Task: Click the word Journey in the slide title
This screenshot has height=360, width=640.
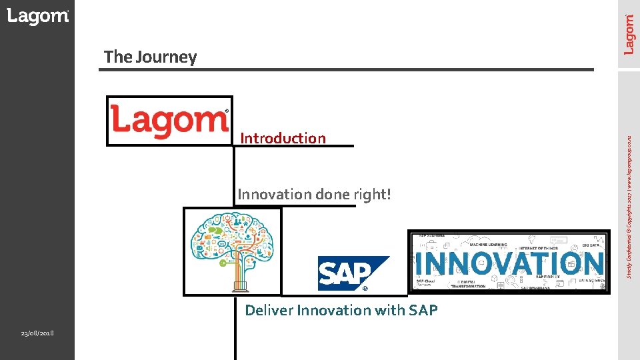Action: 166,57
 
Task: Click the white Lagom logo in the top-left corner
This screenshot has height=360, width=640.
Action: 37,17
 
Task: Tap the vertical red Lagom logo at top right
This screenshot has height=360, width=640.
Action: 629,35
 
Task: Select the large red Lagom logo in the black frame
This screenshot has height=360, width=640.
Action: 170,121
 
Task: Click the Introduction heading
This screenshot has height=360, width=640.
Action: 283,138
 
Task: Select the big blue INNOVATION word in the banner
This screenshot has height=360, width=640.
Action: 509,263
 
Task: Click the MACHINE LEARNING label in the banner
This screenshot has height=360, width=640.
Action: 488,245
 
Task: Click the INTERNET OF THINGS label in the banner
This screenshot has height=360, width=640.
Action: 536,247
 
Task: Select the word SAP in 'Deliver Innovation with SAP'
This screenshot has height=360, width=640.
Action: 423,310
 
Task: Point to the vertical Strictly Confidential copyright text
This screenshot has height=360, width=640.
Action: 629,207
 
